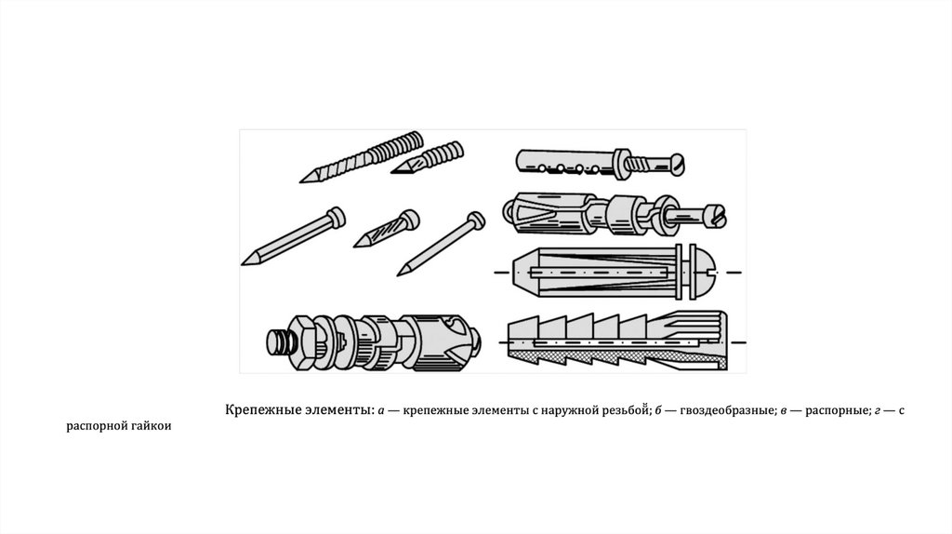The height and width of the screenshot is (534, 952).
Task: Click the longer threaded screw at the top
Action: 362,156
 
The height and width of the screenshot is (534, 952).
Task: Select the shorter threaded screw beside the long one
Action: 428,157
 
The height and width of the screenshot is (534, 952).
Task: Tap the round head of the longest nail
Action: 336,216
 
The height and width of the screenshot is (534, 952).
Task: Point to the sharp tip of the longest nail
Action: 243,264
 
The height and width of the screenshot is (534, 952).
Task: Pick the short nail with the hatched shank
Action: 387,229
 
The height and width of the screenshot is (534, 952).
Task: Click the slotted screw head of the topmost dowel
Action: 676,165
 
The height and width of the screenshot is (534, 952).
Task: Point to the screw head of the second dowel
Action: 717,216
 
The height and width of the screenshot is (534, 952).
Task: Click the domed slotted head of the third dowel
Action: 706,273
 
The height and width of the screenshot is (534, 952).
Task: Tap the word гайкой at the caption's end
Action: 152,426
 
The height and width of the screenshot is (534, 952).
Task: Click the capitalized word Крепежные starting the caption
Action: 260,410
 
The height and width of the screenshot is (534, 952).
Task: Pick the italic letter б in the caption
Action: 658,410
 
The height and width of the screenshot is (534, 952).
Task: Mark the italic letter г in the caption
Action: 878,411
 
